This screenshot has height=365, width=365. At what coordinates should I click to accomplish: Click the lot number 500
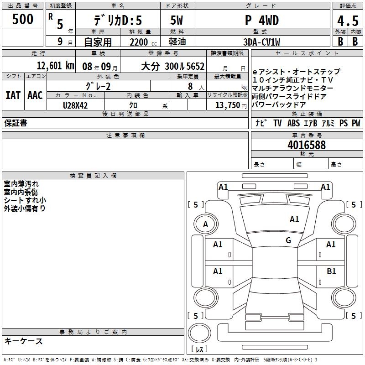coord(22,19)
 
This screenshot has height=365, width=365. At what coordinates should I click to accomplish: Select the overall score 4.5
coord(348,21)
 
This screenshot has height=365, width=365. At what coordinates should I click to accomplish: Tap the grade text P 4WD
coord(262,20)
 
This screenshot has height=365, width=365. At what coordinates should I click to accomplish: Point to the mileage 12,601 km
coord(56,66)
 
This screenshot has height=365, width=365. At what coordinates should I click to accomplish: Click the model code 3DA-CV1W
coord(261,42)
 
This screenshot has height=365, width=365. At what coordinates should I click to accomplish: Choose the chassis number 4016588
coord(307,145)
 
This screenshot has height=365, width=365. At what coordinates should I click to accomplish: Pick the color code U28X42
coord(75,105)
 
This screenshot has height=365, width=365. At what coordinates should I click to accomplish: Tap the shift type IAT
coord(13,95)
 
